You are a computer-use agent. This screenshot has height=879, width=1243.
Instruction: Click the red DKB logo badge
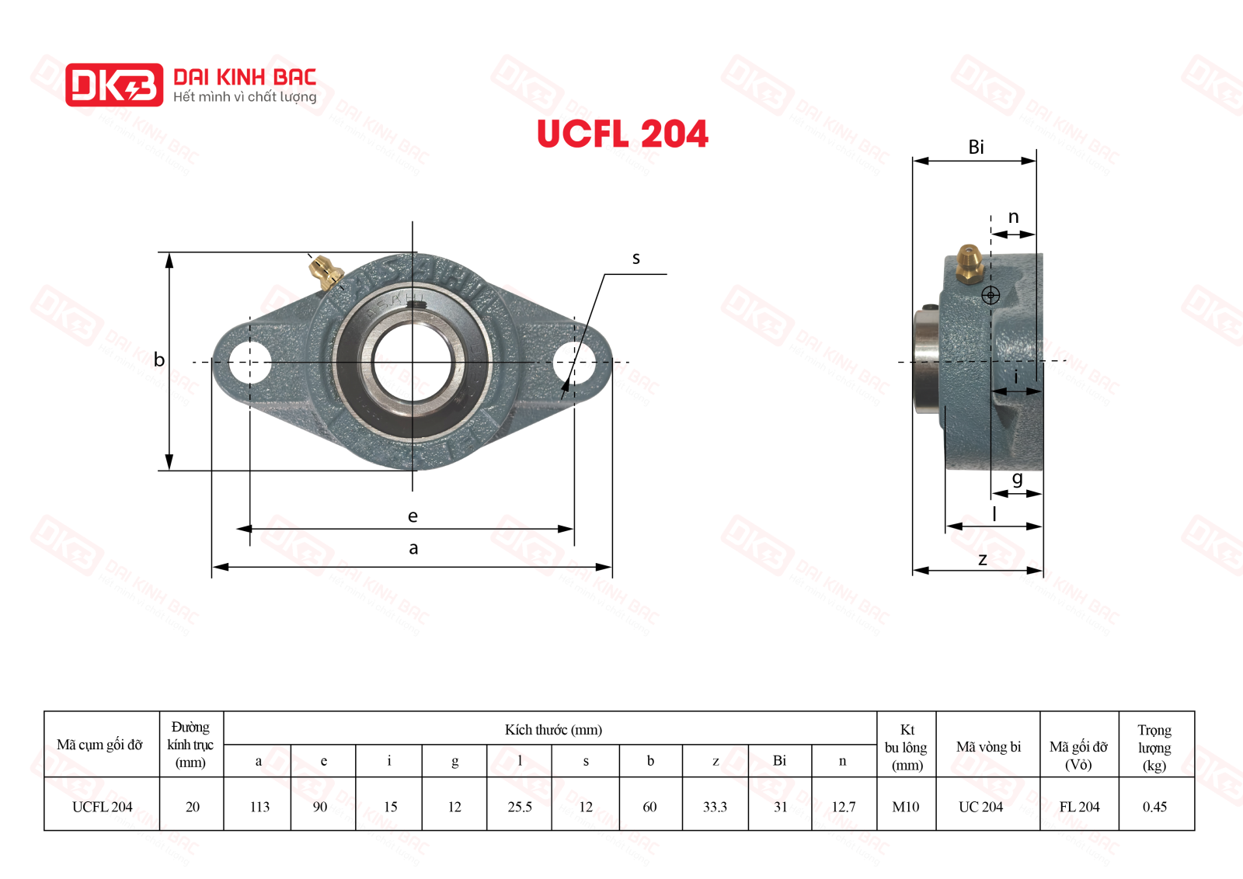point(114,85)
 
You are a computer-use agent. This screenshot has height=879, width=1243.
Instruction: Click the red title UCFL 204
point(622,134)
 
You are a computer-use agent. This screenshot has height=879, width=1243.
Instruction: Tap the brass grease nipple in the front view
point(326,272)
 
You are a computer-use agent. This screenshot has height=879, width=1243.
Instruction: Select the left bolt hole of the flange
point(249,362)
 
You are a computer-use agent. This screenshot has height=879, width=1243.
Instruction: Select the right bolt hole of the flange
point(574,362)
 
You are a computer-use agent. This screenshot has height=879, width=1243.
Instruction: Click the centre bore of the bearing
point(413,362)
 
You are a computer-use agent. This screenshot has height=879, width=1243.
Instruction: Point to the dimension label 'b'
point(159,360)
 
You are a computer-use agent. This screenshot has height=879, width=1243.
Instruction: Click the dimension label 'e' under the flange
point(413,516)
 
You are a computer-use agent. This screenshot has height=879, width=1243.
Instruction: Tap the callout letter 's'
point(636,259)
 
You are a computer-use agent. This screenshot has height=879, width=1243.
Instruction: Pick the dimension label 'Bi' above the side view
point(976,147)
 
